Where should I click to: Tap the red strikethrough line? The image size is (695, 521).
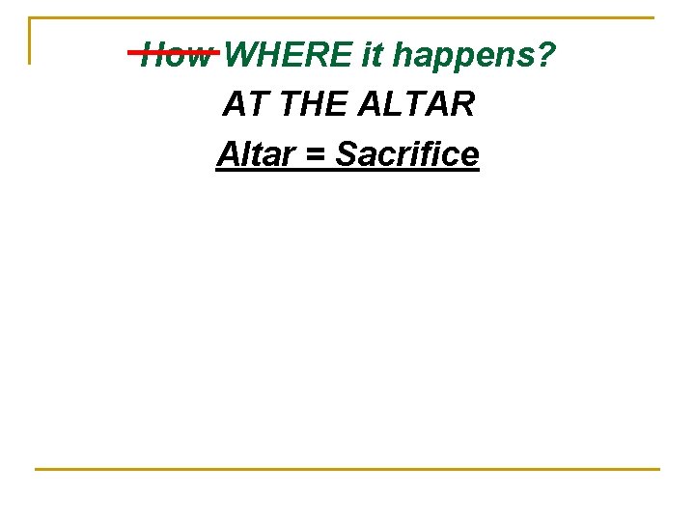tap(174, 52)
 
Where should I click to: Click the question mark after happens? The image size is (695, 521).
tap(548, 56)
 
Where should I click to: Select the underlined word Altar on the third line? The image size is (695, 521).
tap(256, 153)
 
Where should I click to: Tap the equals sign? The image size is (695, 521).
tap(315, 154)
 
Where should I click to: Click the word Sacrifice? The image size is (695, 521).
tap(406, 153)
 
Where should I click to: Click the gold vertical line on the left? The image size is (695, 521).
tap(30, 41)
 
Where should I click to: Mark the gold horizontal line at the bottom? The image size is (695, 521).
tap(347, 469)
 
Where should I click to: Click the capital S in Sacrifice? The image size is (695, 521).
tap(346, 153)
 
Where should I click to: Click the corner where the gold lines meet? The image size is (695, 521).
tap(30, 17)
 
